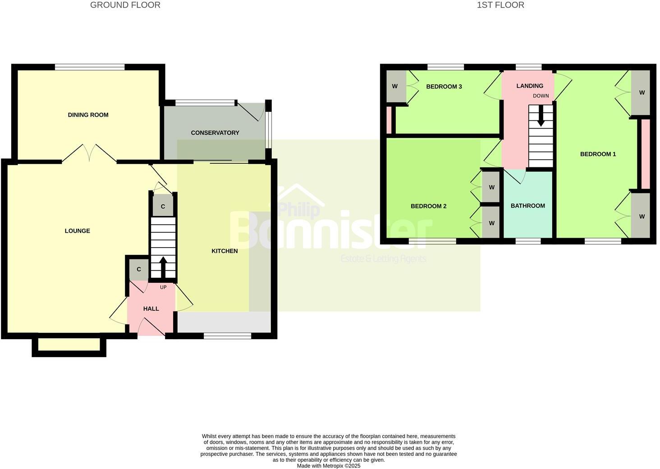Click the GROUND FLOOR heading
(x=125, y=5)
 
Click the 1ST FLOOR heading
(x=500, y=5)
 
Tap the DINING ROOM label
(x=88, y=115)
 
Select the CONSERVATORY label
(x=215, y=133)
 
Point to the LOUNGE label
(x=78, y=231)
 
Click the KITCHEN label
(x=225, y=251)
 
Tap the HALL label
(x=151, y=309)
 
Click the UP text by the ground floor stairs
(x=163, y=287)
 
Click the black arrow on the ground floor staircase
(x=163, y=267)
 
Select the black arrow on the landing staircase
(x=541, y=118)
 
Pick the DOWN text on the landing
(x=541, y=96)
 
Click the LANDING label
(x=530, y=86)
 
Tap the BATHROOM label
(x=528, y=206)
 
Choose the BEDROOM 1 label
(x=598, y=154)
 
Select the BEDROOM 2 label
(x=428, y=206)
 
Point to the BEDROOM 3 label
(x=444, y=87)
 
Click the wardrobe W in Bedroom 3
(x=395, y=86)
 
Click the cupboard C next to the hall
(x=139, y=269)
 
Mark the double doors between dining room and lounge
(x=89, y=153)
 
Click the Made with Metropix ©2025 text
(x=329, y=466)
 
